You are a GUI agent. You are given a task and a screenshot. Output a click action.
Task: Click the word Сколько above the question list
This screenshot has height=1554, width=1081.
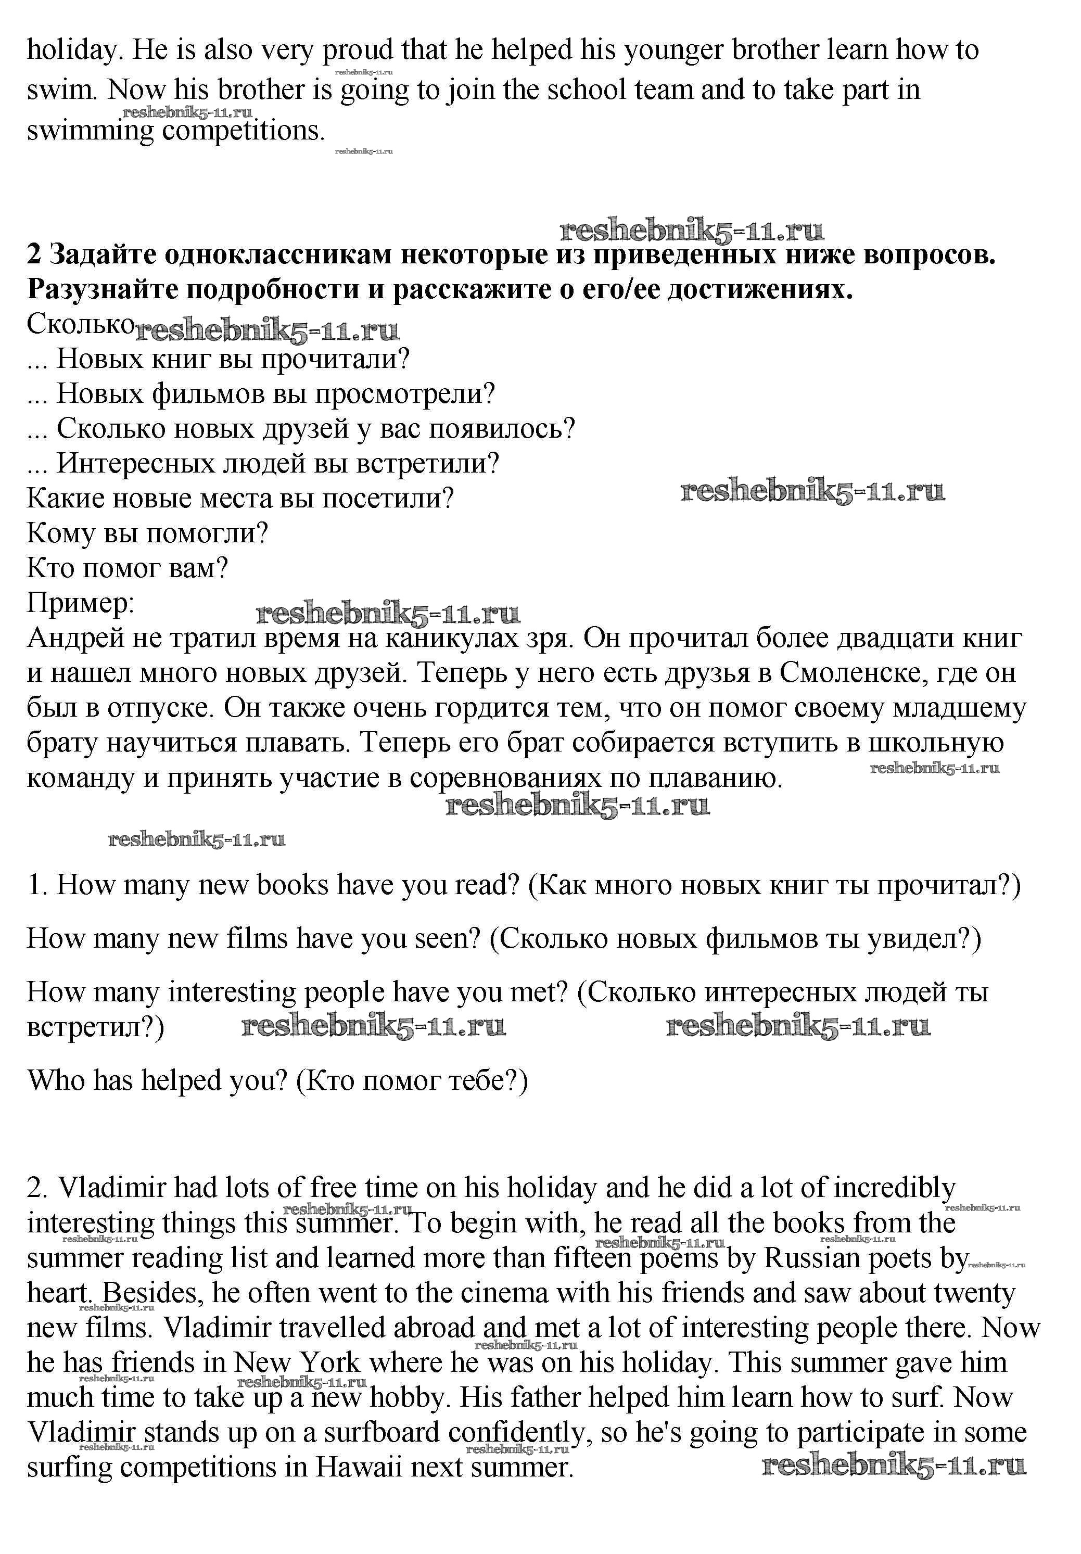[80, 324]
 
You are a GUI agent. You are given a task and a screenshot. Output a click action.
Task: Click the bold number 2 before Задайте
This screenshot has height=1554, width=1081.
[34, 254]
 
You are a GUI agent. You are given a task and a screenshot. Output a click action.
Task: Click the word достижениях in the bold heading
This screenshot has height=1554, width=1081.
[759, 290]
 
